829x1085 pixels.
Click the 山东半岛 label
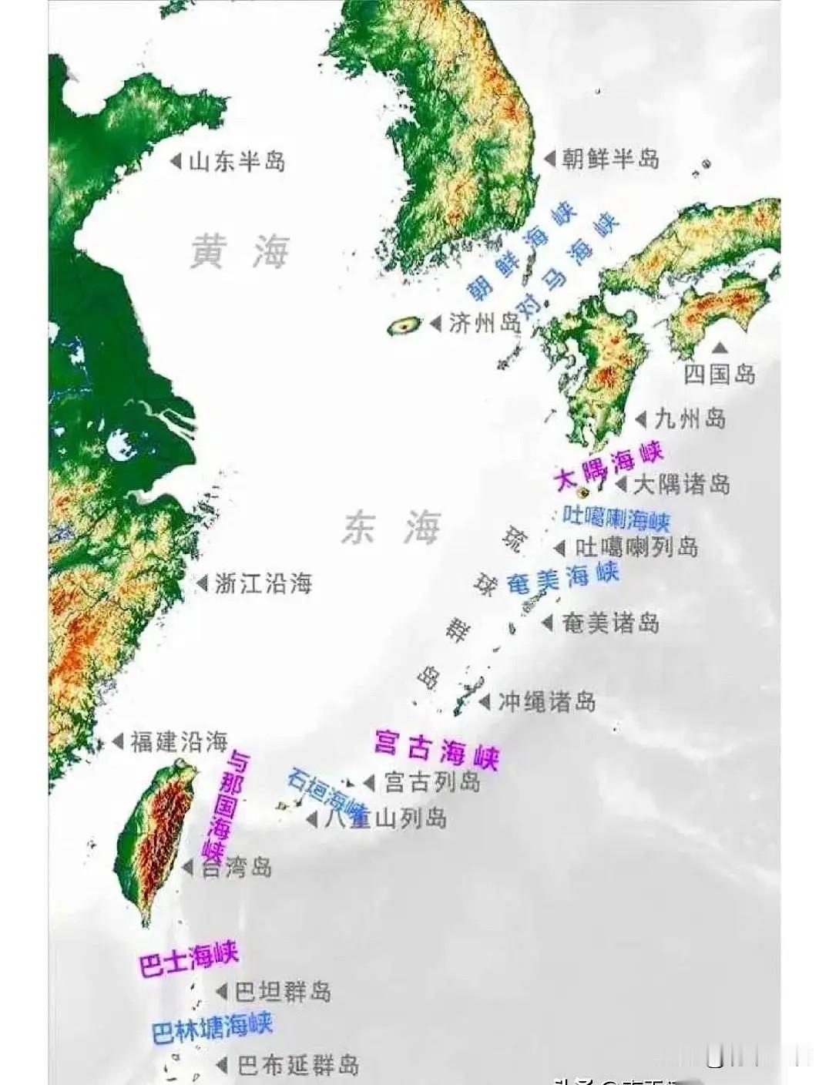pyautogui.click(x=237, y=162)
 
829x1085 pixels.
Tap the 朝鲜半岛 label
pyautogui.click(x=610, y=160)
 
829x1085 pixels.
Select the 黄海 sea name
pyautogui.click(x=240, y=252)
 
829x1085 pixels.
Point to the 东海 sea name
pyautogui.click(x=391, y=529)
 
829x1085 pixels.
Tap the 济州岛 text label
pyautogui.click(x=485, y=323)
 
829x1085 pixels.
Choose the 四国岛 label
pyautogui.click(x=720, y=375)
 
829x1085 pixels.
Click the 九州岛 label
pyautogui.click(x=690, y=419)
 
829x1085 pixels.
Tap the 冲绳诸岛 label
pyautogui.click(x=546, y=702)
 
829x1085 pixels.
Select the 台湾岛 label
pyautogui.click(x=237, y=868)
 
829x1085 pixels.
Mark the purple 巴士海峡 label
pyautogui.click(x=188, y=960)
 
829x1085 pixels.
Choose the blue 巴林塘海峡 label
pyautogui.click(x=212, y=1028)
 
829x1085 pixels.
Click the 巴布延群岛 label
pyautogui.click(x=297, y=1066)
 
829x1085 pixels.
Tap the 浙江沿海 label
pyautogui.click(x=263, y=584)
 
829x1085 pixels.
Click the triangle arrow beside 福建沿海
pyautogui.click(x=118, y=741)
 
